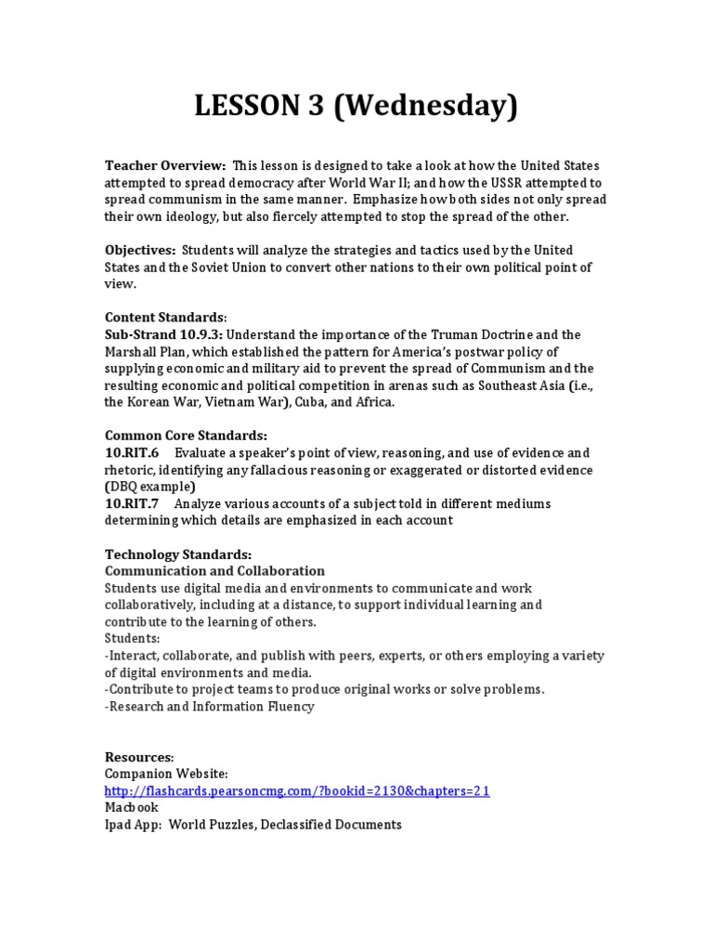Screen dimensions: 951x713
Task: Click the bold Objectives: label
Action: click(x=140, y=251)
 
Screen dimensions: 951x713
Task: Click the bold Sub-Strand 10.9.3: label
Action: click(x=163, y=334)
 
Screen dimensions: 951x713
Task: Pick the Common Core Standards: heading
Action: click(x=186, y=436)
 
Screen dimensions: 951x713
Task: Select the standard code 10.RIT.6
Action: click(x=132, y=453)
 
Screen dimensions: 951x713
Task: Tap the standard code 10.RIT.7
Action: click(x=132, y=503)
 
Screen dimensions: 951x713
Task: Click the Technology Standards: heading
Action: click(x=178, y=554)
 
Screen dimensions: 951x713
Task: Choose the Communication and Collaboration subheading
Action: click(x=214, y=571)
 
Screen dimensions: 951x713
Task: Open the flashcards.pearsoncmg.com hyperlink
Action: click(x=297, y=791)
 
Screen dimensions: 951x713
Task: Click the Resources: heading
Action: click(x=139, y=757)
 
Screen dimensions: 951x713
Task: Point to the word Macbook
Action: click(x=132, y=808)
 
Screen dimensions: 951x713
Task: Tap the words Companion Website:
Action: click(x=166, y=774)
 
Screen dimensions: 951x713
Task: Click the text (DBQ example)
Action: click(x=149, y=487)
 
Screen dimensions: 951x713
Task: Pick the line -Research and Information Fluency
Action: click(x=210, y=707)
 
